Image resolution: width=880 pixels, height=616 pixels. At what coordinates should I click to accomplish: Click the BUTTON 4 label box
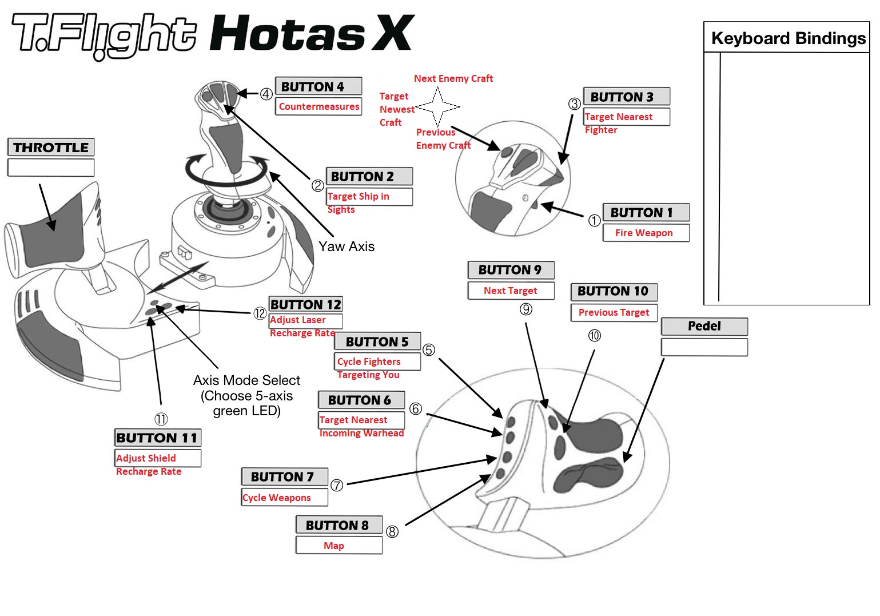tap(318, 86)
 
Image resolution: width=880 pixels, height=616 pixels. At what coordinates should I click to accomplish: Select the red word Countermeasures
tap(319, 106)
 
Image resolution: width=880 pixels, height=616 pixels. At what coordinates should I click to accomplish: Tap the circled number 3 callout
tap(574, 104)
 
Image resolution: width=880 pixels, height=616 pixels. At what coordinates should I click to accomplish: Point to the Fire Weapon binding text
tap(644, 233)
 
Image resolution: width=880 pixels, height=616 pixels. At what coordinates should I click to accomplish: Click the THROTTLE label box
tap(51, 148)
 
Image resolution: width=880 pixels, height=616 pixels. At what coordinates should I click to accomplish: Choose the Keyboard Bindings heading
tap(788, 38)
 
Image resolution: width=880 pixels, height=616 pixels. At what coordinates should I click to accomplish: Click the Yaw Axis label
tap(347, 247)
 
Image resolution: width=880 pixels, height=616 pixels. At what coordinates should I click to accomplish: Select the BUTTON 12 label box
tap(306, 304)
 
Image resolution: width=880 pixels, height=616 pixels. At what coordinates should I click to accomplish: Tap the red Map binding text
tap(334, 546)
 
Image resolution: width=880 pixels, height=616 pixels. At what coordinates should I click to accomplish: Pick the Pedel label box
tap(704, 326)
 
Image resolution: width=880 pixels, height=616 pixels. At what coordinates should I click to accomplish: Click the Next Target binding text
tap(510, 291)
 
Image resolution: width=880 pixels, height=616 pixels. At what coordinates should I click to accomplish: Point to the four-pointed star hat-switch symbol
tap(437, 106)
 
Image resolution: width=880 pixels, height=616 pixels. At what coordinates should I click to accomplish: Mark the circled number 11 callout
tap(161, 419)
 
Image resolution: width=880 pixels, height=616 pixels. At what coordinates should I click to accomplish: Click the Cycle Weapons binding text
tap(277, 498)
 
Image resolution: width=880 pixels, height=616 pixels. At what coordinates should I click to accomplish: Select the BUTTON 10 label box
tap(613, 291)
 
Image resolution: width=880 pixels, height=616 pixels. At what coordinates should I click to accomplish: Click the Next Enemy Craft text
tap(453, 78)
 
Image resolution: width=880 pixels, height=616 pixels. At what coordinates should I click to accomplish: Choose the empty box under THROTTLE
tap(51, 168)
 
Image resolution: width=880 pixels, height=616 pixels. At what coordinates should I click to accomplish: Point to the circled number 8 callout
tap(392, 531)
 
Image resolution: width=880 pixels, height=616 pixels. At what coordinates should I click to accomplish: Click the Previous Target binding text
tap(614, 312)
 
